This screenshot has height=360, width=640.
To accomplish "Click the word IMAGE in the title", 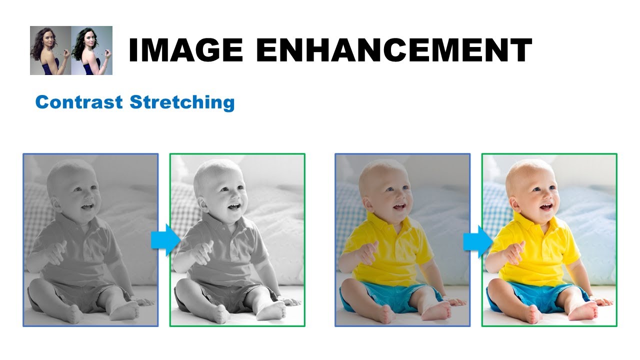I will point(185,50).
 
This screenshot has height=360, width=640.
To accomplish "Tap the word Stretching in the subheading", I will point(182,102).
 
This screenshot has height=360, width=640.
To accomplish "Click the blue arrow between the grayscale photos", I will point(165,240).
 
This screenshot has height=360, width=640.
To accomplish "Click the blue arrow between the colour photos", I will point(477,241).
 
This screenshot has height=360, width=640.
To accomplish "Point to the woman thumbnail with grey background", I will point(50,50).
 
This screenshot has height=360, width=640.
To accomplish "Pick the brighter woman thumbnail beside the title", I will point(92,50).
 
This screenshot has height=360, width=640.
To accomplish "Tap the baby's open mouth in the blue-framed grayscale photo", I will point(88,206).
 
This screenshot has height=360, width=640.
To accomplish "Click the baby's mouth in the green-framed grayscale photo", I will point(234,206).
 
